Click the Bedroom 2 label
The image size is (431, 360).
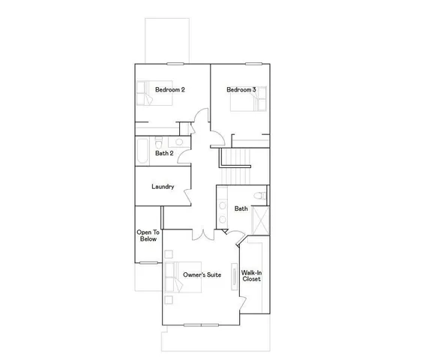[170, 90]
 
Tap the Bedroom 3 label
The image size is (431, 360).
[241, 90]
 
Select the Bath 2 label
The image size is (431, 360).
[164, 154]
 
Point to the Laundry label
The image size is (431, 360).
[163, 187]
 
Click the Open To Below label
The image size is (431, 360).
[148, 236]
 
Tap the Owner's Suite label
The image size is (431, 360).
[202, 275]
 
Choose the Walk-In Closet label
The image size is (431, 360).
[251, 275]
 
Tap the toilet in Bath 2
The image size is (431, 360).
[159, 141]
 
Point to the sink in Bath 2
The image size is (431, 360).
[180, 142]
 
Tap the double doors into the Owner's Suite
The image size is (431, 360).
[201, 235]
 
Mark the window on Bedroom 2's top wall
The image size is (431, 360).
[175, 64]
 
